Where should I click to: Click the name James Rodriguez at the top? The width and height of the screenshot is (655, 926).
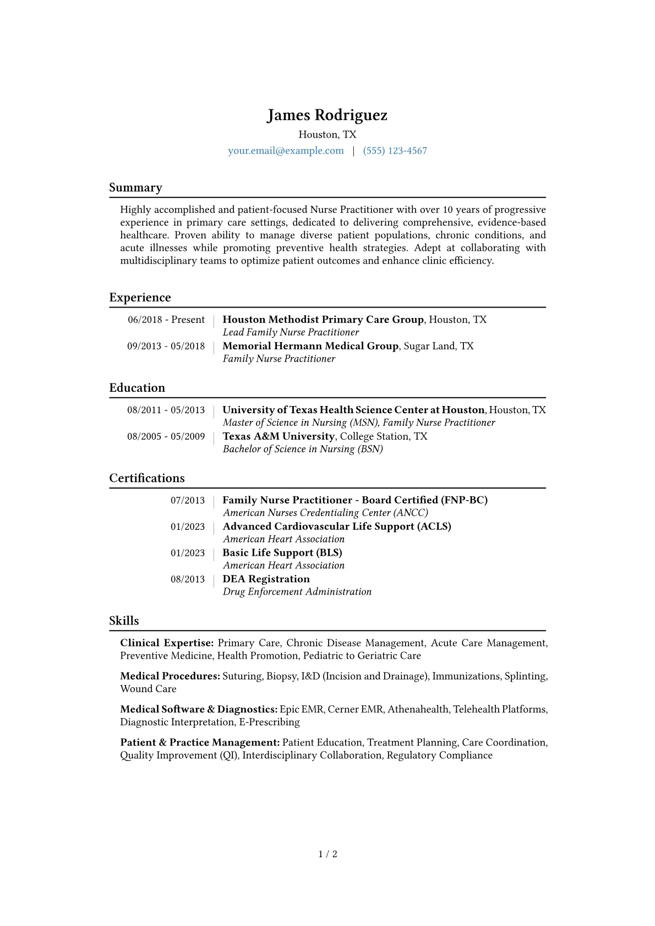[327, 115]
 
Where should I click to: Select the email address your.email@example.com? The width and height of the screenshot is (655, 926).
[286, 151]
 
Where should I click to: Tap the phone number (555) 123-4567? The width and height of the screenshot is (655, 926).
[395, 151]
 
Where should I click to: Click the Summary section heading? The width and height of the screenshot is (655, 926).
[135, 188]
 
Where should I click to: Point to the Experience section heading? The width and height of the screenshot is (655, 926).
[140, 298]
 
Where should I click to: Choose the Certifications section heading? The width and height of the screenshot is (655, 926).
[147, 478]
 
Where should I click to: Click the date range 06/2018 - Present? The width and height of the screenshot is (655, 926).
[166, 320]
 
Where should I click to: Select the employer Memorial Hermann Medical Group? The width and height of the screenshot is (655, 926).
[310, 346]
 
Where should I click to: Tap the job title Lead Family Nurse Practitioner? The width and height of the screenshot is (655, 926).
[291, 332]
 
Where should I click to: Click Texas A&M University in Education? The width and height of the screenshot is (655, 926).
[279, 436]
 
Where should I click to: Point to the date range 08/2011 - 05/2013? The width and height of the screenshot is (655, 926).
[166, 410]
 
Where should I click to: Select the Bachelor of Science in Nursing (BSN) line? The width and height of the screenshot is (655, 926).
[303, 449]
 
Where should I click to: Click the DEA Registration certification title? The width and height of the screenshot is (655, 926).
[266, 579]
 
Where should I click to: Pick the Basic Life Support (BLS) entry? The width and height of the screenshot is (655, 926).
[282, 553]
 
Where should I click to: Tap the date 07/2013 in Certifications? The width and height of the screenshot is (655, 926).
[187, 500]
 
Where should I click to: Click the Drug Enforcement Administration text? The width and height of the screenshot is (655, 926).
[297, 592]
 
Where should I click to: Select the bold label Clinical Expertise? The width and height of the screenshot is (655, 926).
[167, 643]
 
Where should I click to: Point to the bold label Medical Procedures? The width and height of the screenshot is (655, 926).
[170, 676]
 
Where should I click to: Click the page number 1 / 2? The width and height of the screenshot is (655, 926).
[327, 854]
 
